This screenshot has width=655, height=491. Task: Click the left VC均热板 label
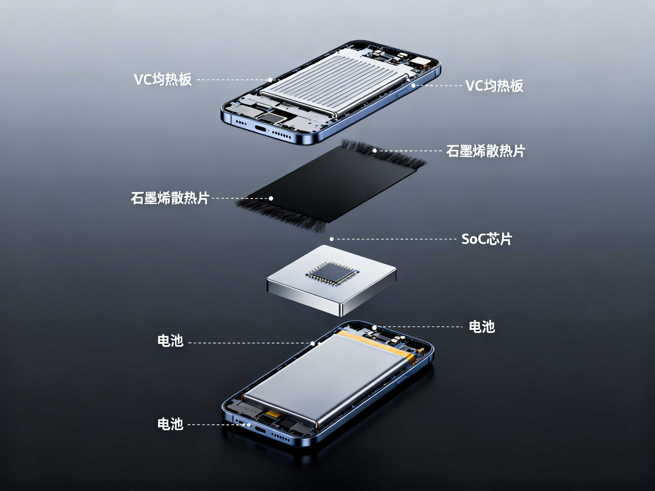tap(163, 79)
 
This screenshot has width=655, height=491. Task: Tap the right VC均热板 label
tap(494, 86)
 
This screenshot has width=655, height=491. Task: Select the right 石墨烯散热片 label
tap(486, 151)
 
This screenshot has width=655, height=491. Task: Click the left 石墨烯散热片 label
tap(170, 198)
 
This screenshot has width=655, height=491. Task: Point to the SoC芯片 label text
tap(486, 239)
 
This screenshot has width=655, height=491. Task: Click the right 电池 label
tap(482, 327)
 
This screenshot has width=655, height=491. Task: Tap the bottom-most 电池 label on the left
tap(170, 424)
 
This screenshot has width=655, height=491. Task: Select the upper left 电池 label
tap(170, 341)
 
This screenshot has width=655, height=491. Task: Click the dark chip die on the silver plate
tap(332, 272)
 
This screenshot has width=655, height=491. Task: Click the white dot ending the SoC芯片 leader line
tap(332, 239)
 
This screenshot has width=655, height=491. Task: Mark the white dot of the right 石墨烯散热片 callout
tap(375, 151)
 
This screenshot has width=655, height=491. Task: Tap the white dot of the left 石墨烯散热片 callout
tap(271, 198)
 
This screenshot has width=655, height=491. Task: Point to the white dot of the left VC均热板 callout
tap(270, 80)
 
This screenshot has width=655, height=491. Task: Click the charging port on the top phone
tap(261, 129)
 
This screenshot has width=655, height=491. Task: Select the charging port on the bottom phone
tap(261, 430)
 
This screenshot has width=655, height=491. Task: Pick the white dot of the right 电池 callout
tap(375, 328)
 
